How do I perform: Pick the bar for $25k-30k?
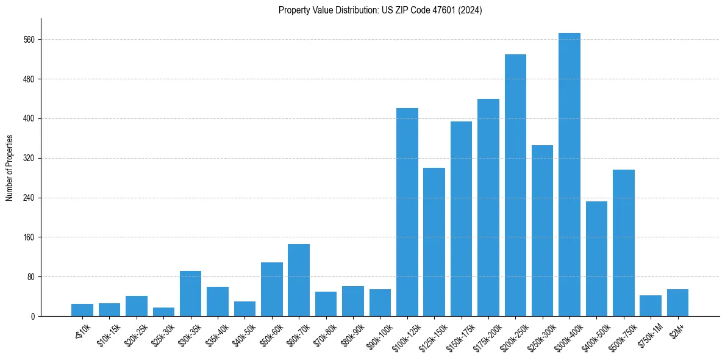163,312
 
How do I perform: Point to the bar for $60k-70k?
299,280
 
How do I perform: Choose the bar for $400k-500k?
596,259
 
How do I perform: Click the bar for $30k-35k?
190,293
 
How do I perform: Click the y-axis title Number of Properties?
9,167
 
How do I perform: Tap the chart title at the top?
380,10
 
